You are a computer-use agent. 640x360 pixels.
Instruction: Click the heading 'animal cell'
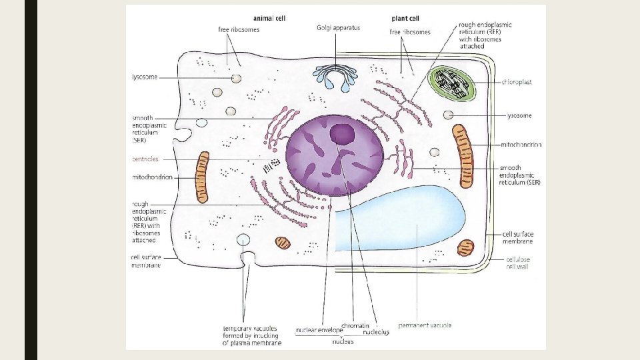(269, 19)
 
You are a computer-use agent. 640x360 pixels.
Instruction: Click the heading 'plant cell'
(405, 19)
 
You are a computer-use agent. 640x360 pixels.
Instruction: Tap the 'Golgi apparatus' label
(339, 28)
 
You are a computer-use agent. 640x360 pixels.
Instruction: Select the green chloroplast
(451, 84)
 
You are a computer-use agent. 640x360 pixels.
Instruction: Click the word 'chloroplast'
(517, 82)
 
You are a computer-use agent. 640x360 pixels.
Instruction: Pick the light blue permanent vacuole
(400, 219)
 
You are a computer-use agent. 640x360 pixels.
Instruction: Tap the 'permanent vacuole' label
(425, 325)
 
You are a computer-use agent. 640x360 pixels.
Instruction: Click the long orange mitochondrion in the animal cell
(202, 177)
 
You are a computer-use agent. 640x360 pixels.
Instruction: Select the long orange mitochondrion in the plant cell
(463, 156)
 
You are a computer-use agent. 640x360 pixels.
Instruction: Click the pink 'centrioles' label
(145, 159)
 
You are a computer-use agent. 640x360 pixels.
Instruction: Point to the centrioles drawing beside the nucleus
(271, 165)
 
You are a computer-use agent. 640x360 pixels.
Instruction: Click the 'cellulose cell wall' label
(517, 263)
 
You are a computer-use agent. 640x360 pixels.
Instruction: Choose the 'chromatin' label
(355, 326)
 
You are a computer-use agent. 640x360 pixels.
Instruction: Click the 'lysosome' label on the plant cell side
(519, 115)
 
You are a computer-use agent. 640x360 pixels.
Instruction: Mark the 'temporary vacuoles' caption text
(252, 335)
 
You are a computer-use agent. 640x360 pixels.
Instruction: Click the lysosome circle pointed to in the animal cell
(236, 79)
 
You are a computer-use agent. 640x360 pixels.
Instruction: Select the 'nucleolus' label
(376, 332)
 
